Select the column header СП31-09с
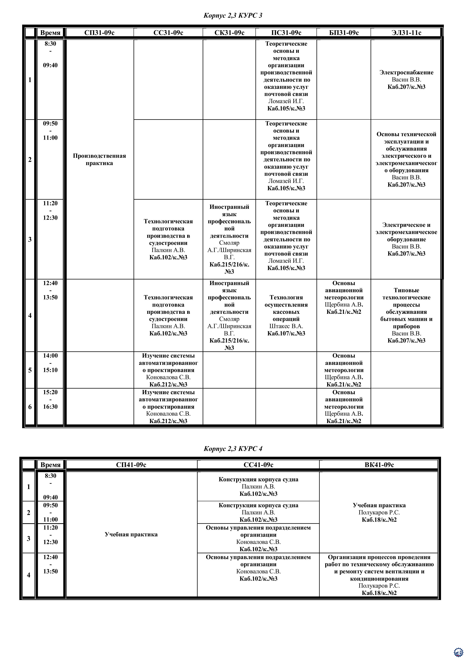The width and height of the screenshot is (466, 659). (99, 33)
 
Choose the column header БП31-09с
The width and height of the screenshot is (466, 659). (344, 33)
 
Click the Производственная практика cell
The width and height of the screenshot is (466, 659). (99, 160)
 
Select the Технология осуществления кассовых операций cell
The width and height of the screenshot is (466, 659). (286, 308)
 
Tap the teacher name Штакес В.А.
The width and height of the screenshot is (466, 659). (286, 326)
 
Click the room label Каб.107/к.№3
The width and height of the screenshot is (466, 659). (286, 334)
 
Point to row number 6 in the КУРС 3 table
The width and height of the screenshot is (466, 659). (30, 407)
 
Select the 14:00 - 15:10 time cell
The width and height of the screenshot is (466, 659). (50, 363)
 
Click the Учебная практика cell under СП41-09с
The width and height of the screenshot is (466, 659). (131, 534)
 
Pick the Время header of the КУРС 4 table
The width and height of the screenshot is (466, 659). (51, 465)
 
